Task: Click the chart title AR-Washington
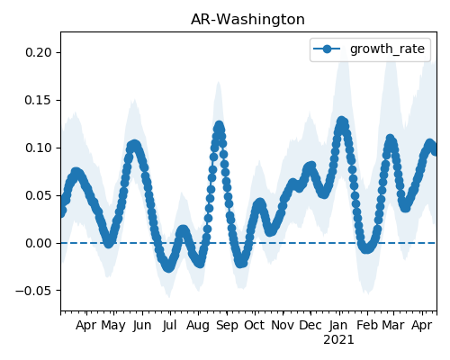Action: [247, 20]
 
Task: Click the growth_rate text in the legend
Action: [387, 49]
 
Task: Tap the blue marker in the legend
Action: [327, 49]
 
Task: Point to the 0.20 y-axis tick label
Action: [39, 52]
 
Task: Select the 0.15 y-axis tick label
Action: [39, 100]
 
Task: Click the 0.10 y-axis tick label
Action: [39, 148]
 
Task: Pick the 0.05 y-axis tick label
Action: [39, 195]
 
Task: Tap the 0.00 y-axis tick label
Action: [39, 243]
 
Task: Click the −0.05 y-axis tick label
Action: [34, 291]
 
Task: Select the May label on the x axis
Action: [113, 326]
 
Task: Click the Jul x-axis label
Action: [169, 326]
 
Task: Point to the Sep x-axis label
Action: [227, 326]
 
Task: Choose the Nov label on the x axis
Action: [283, 326]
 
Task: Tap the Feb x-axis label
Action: [367, 326]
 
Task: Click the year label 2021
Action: [338, 340]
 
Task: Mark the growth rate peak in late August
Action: [220, 126]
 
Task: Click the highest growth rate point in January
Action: [341, 121]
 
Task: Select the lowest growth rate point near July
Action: [169, 267]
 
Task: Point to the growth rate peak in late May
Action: [134, 145]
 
